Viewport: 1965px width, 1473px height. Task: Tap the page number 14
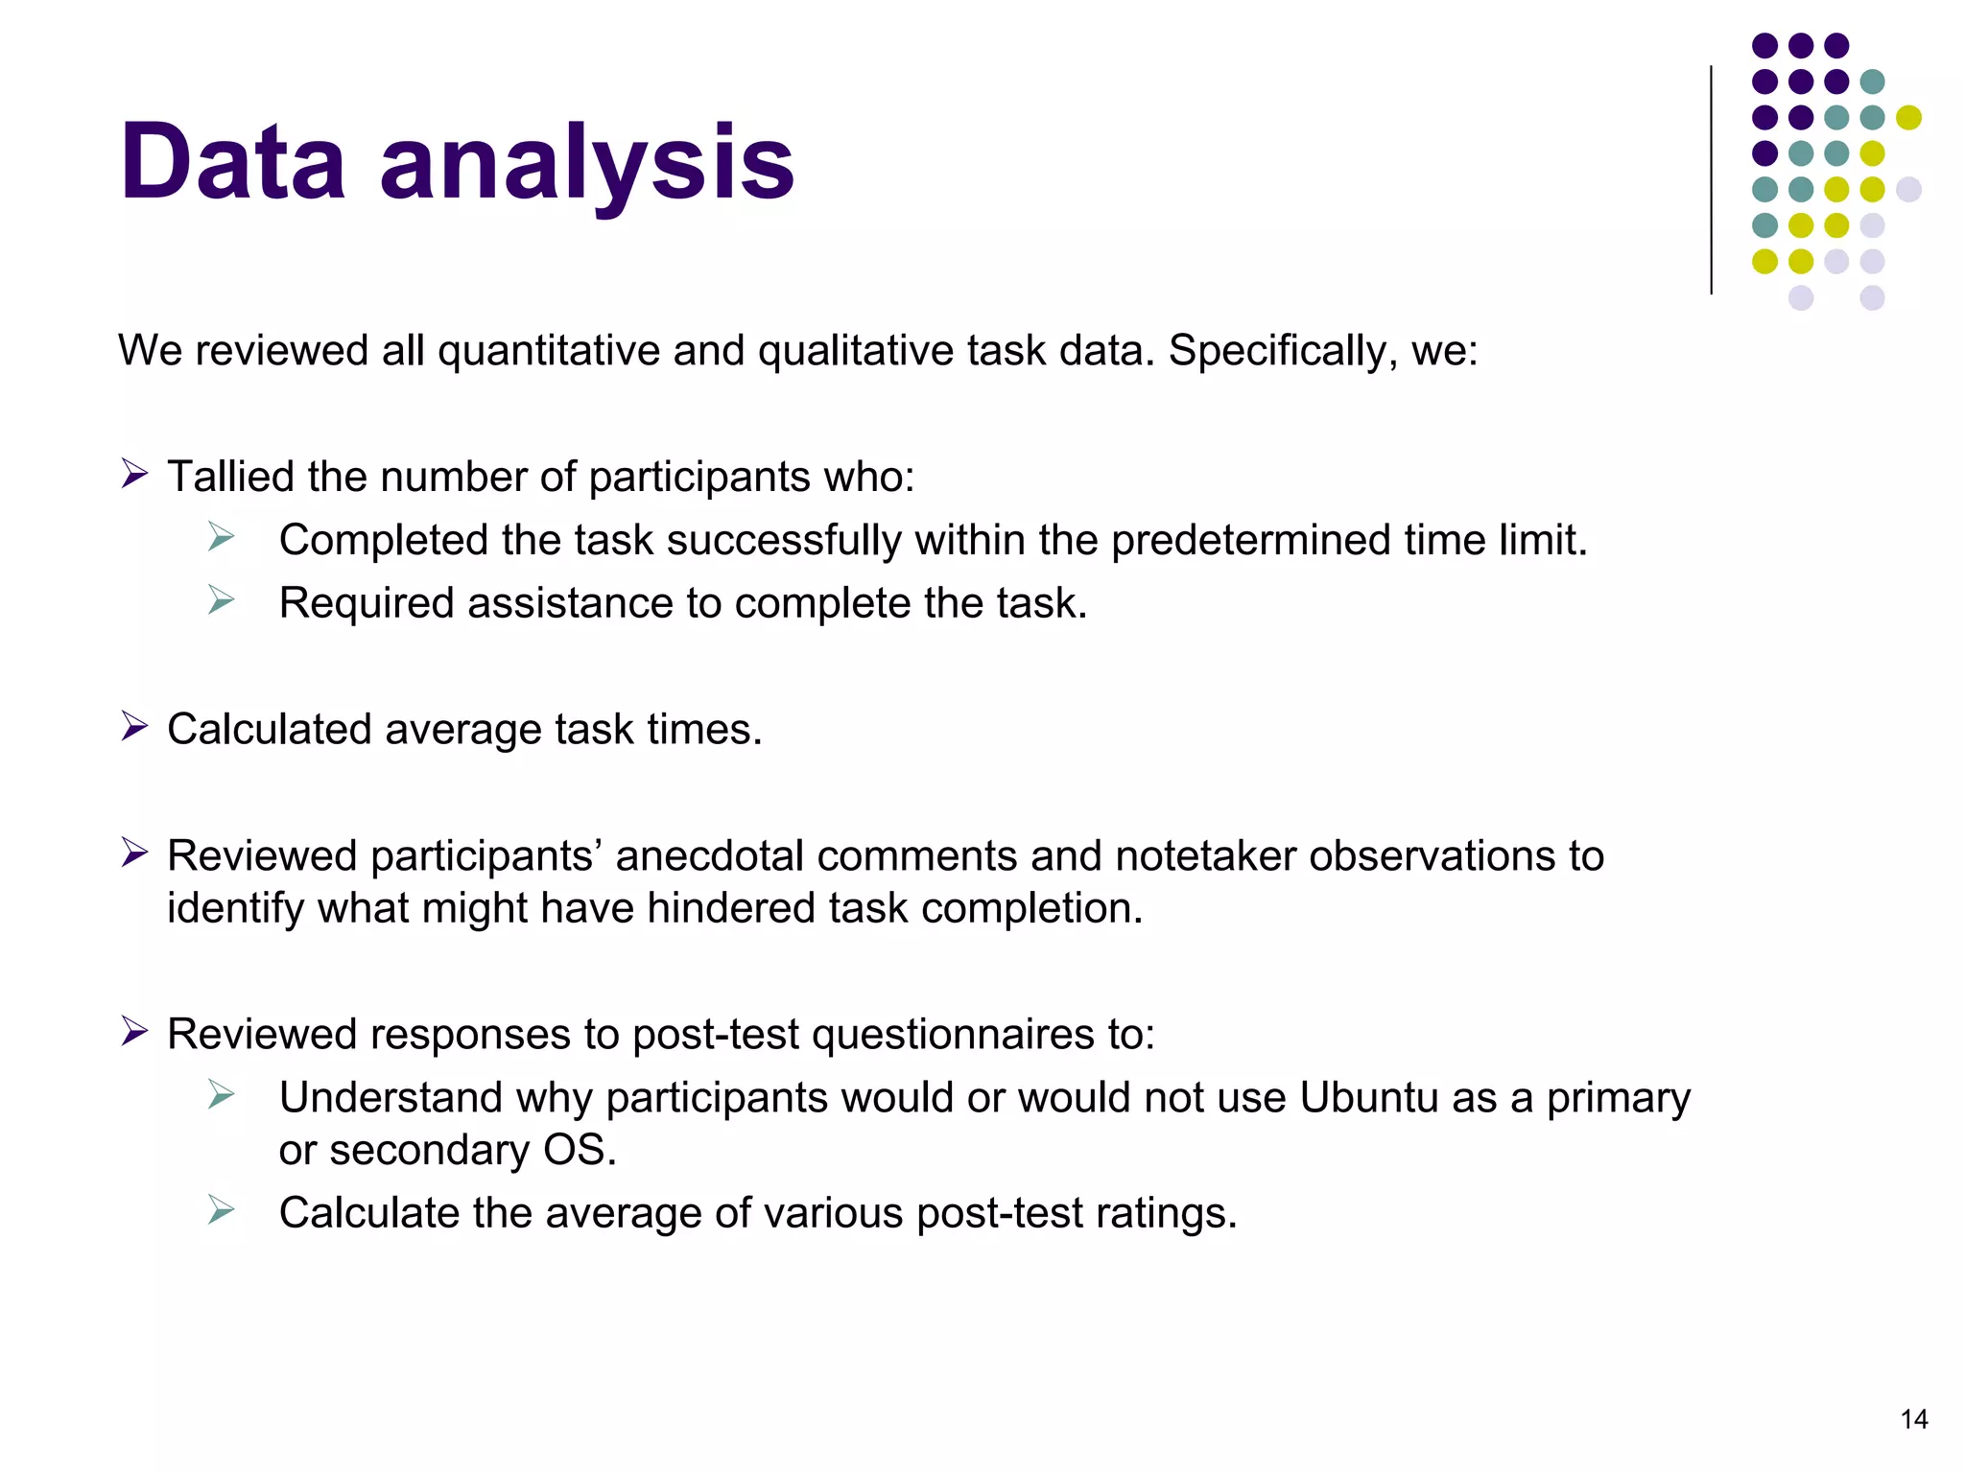(x=1913, y=1419)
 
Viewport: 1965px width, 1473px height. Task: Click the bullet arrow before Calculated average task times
(x=134, y=727)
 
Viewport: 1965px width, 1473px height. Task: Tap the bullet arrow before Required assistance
(x=222, y=600)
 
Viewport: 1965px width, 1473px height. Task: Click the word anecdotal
(x=709, y=856)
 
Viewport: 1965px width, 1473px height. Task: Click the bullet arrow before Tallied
(x=134, y=474)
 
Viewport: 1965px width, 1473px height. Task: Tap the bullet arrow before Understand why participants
(x=222, y=1094)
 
